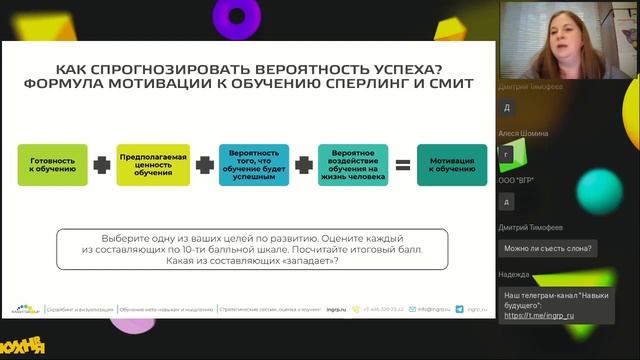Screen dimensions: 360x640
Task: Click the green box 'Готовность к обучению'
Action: [53, 165]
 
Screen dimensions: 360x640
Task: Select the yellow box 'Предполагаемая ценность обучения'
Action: [152, 165]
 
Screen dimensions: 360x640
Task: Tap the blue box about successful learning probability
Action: [253, 165]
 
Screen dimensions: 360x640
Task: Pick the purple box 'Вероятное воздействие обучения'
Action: [353, 165]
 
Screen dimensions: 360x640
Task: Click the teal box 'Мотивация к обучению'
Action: [452, 165]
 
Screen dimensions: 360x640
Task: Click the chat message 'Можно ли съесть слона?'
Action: [548, 248]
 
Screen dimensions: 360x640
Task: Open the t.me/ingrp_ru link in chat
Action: [540, 316]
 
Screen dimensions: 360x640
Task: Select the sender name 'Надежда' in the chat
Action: [516, 274]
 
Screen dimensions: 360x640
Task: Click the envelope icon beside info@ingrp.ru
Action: [412, 309]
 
